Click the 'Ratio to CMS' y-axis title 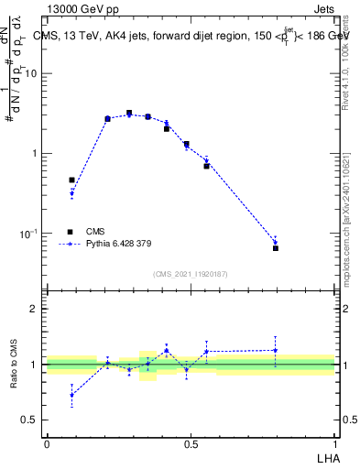[14, 365]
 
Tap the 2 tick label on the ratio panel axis [34, 309]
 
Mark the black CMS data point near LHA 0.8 [276, 248]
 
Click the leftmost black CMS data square [72, 180]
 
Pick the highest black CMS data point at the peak [129, 113]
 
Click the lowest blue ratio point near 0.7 [72, 395]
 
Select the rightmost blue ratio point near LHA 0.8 [276, 350]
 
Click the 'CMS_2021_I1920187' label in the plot [191, 274]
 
